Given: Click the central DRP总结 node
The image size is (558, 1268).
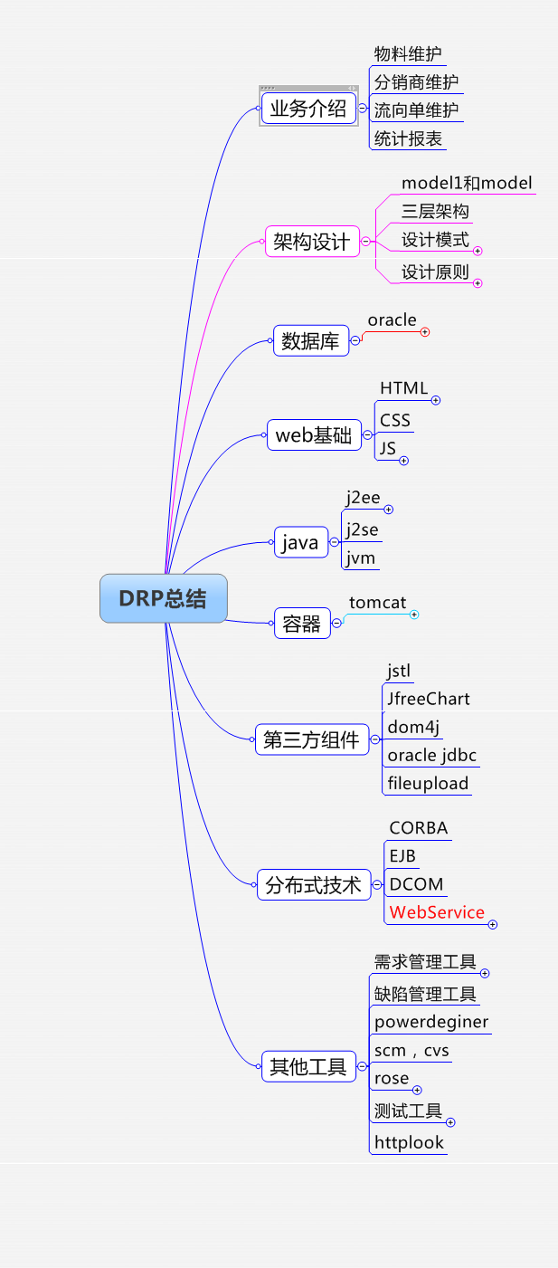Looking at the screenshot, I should click(x=163, y=598).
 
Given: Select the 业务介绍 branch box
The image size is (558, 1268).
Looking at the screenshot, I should click(x=308, y=110).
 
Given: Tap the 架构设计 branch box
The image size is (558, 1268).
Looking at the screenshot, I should click(x=312, y=242).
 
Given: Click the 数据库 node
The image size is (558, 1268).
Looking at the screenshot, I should click(x=310, y=341).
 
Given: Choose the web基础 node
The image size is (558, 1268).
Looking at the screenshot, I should click(x=313, y=434).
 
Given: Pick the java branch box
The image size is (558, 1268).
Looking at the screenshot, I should click(x=300, y=543).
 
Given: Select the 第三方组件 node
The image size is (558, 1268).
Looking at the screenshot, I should click(x=311, y=739).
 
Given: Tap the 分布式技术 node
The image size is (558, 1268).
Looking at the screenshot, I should click(x=313, y=884).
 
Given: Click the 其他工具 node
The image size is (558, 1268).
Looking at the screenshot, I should click(x=308, y=1066).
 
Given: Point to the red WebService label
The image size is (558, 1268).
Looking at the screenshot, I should click(x=437, y=912).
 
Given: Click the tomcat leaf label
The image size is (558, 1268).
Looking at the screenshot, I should click(x=378, y=603).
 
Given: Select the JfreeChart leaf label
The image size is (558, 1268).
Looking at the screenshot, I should click(x=429, y=699).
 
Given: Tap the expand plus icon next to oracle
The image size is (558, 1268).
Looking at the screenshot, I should click(x=425, y=332).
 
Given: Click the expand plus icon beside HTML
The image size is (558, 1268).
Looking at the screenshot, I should click(x=435, y=400).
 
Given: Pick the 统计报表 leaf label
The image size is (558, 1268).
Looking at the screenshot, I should click(x=409, y=139).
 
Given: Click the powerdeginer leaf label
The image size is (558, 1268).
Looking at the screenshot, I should click(x=431, y=1022).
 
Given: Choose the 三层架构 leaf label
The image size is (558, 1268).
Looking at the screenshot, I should click(x=435, y=212).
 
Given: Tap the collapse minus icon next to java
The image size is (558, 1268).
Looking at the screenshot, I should click(x=335, y=543).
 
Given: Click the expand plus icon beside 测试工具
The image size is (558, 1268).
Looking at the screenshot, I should click(x=450, y=1122).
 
